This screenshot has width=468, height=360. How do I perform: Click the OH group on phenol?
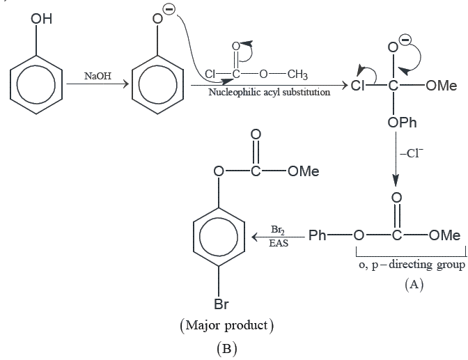41,19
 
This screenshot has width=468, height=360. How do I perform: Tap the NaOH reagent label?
98,76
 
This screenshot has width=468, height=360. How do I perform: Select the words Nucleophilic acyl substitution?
270,92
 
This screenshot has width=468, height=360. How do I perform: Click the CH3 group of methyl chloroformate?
297,75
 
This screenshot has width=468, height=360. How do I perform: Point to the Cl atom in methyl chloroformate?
210,74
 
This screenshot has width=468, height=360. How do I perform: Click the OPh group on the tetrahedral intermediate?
402,123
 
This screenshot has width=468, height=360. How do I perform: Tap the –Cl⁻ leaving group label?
412,153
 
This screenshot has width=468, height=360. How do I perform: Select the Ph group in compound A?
317,235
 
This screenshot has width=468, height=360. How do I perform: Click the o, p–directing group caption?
412,265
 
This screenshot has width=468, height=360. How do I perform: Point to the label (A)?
414,285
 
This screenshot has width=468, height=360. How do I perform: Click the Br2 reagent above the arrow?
278,230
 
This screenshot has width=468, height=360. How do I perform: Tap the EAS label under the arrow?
279,243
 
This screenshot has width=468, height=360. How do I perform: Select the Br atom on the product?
221,304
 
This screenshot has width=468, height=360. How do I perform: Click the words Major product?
227,325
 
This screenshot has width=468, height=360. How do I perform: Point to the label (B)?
227,348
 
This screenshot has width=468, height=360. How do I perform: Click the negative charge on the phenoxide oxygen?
169,10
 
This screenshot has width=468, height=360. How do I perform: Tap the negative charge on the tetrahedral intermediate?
405,40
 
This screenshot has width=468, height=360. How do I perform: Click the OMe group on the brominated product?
303,171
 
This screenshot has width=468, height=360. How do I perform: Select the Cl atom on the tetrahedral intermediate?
357,86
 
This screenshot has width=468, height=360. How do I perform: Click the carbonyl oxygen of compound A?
396,198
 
